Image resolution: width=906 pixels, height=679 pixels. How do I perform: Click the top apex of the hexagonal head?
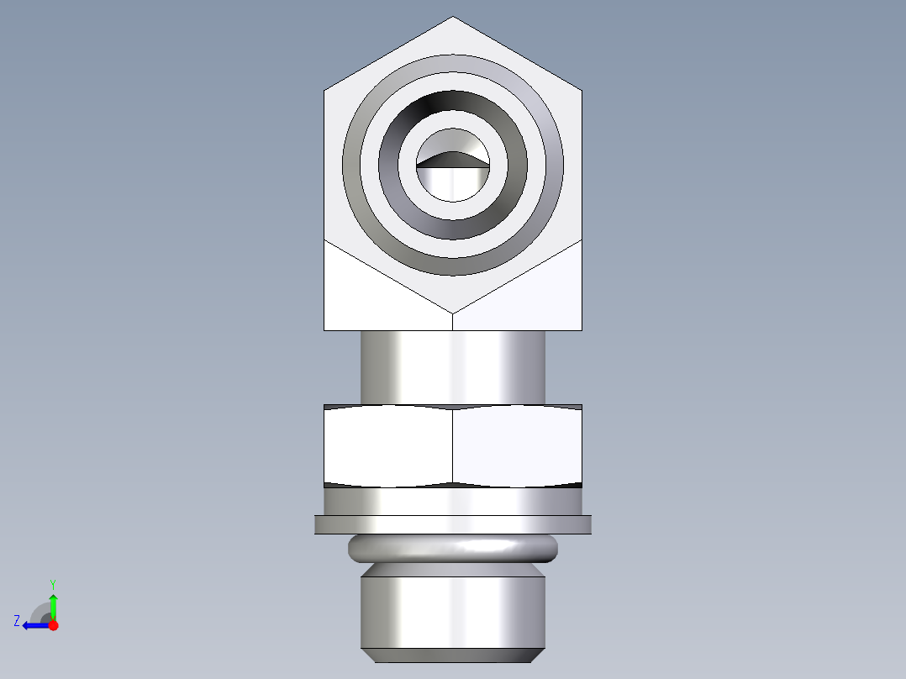(453, 18)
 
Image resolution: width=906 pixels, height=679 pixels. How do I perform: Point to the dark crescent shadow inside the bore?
(453, 160)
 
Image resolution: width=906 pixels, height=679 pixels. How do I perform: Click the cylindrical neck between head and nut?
(453, 366)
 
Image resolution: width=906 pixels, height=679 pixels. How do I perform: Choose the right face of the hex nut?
(518, 445)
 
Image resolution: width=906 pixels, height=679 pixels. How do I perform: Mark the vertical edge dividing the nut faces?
(453, 445)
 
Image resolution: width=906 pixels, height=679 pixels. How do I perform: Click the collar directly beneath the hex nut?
(453, 501)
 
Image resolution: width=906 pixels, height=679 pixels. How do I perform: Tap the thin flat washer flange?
(453, 524)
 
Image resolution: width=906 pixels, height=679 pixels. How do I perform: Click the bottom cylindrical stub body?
(453, 609)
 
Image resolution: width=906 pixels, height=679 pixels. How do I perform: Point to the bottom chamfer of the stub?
(453, 655)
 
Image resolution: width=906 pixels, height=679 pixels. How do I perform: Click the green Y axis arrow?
(53, 603)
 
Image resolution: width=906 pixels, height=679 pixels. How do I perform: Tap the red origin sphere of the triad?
(53, 625)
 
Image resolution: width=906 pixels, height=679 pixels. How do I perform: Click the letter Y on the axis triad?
(52, 583)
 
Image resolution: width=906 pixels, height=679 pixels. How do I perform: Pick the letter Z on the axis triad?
(17, 620)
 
